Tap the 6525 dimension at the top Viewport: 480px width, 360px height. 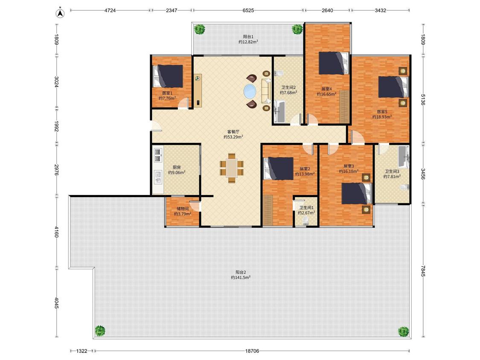point(248,10)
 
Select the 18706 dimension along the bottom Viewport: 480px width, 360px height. point(252,351)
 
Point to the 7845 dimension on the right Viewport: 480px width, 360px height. point(423,270)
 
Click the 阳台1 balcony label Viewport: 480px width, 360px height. point(248,36)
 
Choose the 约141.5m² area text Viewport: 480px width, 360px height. point(241,278)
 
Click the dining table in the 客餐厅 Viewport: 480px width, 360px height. point(232,168)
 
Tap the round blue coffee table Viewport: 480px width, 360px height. point(251,91)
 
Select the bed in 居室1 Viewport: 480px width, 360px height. point(168,76)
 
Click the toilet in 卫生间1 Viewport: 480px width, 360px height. point(305,221)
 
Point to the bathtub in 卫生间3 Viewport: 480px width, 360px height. point(404,157)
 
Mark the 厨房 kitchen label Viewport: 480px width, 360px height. point(177,168)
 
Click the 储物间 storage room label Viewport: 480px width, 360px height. point(183,209)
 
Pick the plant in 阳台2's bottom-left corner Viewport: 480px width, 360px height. point(100,331)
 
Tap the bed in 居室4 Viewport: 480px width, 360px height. point(334,63)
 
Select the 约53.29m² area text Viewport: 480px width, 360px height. point(233,137)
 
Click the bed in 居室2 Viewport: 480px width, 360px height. point(279,168)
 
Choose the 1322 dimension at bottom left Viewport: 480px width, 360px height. point(82,351)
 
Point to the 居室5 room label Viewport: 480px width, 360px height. point(382,112)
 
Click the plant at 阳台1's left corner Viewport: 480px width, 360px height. point(200,29)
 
